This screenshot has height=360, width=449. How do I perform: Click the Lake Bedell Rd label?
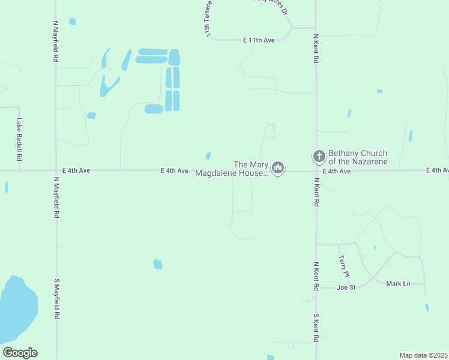(x=19, y=139)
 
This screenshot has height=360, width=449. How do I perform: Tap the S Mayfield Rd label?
(x=56, y=299)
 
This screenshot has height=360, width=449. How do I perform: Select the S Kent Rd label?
(x=316, y=327)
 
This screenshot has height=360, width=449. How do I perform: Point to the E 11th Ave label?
(x=259, y=40)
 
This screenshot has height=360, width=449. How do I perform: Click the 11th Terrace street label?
(x=208, y=23)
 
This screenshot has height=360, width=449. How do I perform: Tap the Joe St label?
(x=346, y=287)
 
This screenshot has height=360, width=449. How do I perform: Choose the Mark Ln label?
(x=397, y=283)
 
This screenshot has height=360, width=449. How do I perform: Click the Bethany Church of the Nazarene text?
(x=358, y=157)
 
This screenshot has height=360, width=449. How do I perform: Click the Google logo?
(x=20, y=353)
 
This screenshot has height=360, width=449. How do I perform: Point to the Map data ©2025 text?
(x=423, y=355)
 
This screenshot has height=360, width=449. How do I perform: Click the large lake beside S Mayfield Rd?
(x=17, y=309)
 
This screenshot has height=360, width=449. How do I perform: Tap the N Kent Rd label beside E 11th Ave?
(x=316, y=49)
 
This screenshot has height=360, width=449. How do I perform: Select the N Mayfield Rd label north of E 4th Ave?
(x=56, y=43)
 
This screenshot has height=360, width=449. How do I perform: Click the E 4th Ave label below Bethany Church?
(x=336, y=171)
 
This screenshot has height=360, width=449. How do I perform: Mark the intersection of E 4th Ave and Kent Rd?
(x=316, y=170)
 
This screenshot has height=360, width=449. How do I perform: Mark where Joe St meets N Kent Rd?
(x=316, y=287)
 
